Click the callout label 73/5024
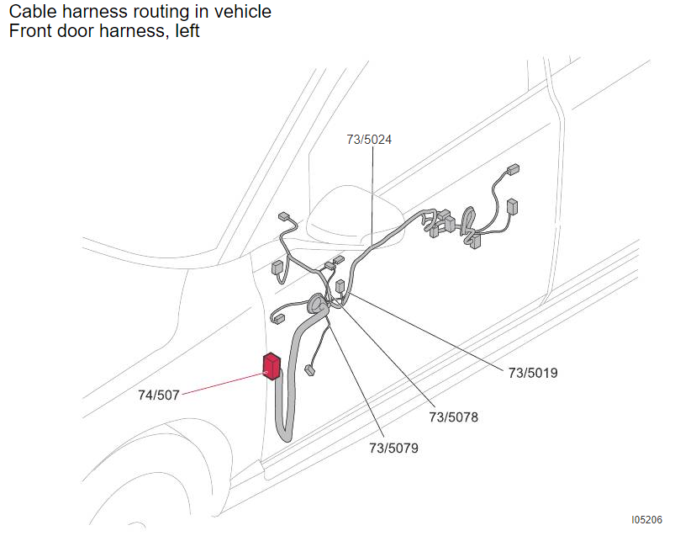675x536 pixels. [369, 140]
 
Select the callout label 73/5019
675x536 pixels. [533, 373]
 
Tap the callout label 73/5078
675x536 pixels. [453, 417]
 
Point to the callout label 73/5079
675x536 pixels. [393, 448]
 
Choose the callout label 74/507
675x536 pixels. [158, 395]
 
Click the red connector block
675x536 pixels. [272, 366]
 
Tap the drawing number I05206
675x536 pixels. [646, 520]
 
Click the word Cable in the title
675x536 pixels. [33, 12]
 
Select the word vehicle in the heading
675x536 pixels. [243, 12]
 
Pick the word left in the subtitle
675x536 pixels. [187, 31]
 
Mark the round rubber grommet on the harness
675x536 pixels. [318, 305]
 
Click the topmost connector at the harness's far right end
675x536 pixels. [513, 169]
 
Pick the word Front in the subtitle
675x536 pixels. [28, 31]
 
